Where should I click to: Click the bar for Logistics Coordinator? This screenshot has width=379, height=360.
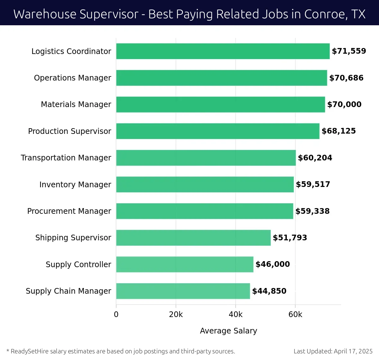(223, 51)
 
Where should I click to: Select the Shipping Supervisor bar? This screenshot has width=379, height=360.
(193, 238)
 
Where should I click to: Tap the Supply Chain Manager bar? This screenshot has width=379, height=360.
(183, 291)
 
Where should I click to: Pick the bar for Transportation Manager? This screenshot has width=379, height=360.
(206, 158)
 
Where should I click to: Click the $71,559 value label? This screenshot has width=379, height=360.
(349, 51)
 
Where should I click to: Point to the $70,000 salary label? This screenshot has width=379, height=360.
(344, 105)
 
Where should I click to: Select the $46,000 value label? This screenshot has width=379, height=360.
(273, 264)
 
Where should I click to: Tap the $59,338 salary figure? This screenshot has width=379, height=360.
(312, 211)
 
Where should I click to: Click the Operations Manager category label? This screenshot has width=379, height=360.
(72, 78)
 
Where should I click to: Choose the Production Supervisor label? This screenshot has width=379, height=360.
(69, 131)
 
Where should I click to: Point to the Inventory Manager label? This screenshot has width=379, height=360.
(75, 185)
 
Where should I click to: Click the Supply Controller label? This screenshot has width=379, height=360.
(78, 265)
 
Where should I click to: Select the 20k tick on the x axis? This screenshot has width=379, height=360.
(176, 315)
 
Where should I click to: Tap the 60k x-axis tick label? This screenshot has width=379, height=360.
(295, 315)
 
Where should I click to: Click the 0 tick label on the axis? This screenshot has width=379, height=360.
(116, 315)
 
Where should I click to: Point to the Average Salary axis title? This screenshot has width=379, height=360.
(228, 331)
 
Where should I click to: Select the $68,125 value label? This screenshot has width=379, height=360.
(339, 131)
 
